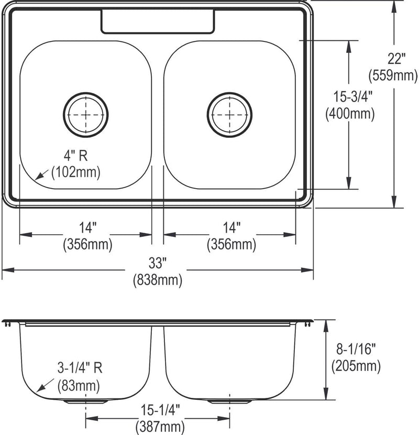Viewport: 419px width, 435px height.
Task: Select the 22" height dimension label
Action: point(396,59)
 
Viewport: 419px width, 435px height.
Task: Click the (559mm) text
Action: point(393,75)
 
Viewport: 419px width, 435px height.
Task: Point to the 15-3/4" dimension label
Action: point(352,97)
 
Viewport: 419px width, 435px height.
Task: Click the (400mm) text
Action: point(350,114)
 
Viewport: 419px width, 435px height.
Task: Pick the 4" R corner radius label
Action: point(76,155)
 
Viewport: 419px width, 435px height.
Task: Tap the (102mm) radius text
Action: point(76,172)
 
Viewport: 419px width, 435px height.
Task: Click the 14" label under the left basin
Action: point(87,228)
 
